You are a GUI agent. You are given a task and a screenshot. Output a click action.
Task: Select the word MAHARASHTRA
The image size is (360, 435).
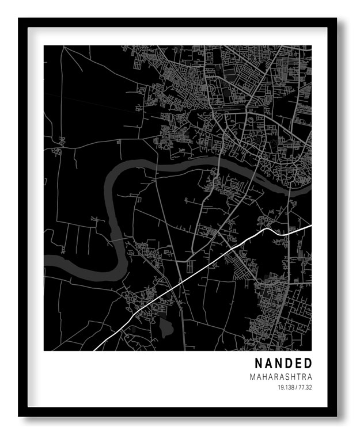pos(281,377)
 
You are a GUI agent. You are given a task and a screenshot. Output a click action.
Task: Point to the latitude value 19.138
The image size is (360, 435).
pos(286,387)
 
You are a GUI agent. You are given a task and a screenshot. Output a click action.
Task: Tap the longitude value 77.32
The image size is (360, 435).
pos(305,387)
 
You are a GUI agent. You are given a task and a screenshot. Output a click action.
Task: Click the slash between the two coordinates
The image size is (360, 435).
pos(296,387)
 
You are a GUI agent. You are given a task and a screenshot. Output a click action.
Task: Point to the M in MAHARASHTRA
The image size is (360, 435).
pos(253,377)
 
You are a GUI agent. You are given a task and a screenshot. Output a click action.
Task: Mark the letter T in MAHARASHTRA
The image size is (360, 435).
pos(298,377)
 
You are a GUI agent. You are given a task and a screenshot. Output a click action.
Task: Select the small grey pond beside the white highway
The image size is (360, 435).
pos(166,328)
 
